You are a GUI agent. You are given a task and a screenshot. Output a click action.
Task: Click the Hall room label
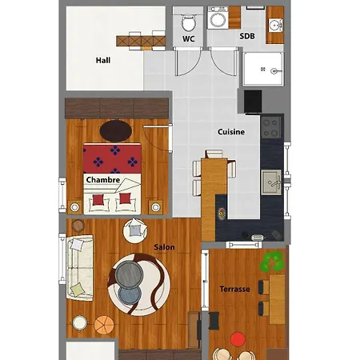pos(103,60)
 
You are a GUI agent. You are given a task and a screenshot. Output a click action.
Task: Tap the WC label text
pos(189,38)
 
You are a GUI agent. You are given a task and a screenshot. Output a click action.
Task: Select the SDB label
pos(247,36)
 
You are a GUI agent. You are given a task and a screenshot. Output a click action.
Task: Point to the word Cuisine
pos(231,132)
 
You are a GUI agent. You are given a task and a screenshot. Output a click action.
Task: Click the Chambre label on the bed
pos(103,180)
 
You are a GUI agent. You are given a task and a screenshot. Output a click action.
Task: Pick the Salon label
pos(164,247)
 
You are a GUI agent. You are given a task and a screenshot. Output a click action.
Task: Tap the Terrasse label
pos(234,289)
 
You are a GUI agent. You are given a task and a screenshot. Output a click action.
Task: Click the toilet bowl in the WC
pos(189,22)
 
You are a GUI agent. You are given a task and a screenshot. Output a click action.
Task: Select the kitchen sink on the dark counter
pos(271,182)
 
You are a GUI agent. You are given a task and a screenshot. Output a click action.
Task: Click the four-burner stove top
pos(270,127)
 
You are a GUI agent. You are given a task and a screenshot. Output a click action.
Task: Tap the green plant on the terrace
pos(272,262)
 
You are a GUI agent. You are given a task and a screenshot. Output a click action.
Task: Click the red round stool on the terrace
pos(238,339)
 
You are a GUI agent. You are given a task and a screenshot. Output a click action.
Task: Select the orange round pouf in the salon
pos(104,325)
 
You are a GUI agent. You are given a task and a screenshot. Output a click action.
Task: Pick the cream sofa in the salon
pos(80,268)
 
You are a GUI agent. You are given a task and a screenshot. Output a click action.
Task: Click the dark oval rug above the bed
pos(116,131)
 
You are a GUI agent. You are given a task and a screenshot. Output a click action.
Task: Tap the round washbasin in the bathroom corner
pos(275,26)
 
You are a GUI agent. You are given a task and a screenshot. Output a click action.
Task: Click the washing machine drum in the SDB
pos(218,20)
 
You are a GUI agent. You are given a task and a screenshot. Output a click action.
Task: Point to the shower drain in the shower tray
pos(263,70)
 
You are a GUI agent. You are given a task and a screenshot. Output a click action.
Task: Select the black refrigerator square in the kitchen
pos(253,102)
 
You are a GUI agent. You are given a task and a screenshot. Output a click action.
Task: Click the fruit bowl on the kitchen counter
pos(222,214)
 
